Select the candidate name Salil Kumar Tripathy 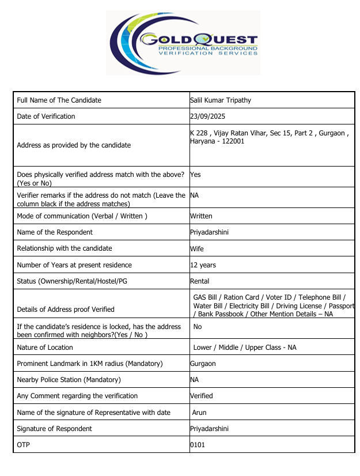[x=221, y=100]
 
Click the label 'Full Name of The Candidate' [x=59, y=100]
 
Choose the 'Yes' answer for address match [x=195, y=174]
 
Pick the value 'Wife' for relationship [x=197, y=248]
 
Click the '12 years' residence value [x=203, y=265]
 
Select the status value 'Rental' [x=199, y=281]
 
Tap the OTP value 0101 [x=197, y=445]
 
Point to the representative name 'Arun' [x=199, y=413]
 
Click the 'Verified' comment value [x=202, y=396]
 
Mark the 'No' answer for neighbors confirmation [x=198, y=327]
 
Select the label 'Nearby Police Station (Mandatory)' [x=69, y=380]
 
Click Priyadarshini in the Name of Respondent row [x=209, y=232]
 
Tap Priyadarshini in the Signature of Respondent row [x=209, y=429]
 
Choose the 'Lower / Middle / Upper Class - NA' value [x=245, y=347]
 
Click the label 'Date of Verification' [x=46, y=116]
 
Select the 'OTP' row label [x=23, y=445]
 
